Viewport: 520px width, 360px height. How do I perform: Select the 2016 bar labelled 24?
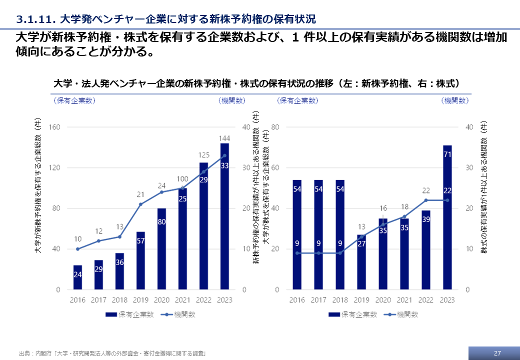pos(77,277)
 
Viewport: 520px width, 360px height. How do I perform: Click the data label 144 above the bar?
pos(224,138)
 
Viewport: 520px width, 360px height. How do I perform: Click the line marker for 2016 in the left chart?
pos(77,249)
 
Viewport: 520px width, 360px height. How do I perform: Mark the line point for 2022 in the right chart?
pos(426,200)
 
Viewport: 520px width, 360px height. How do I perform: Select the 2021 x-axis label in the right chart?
pos(404,300)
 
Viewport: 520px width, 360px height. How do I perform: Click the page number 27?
pos(497,353)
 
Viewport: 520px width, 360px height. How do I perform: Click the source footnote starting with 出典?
pos(112,353)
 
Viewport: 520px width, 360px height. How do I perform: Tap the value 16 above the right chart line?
pos(383,208)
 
